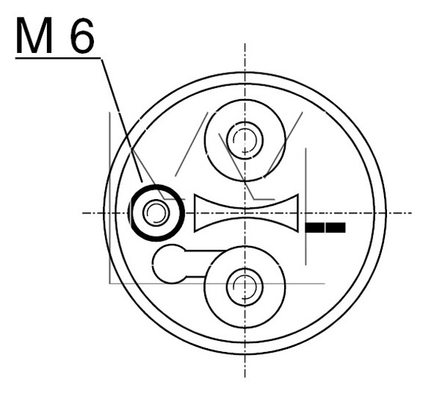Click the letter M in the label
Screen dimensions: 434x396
click(34, 35)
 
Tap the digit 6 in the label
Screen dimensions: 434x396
click(82, 35)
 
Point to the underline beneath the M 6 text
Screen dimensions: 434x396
click(58, 58)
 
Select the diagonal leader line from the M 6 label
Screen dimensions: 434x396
click(122, 120)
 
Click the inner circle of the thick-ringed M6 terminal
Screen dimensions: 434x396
click(156, 212)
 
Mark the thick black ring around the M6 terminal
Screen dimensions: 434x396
click(157, 186)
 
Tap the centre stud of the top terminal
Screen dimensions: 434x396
click(245, 140)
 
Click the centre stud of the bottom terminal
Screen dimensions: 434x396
click(245, 287)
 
